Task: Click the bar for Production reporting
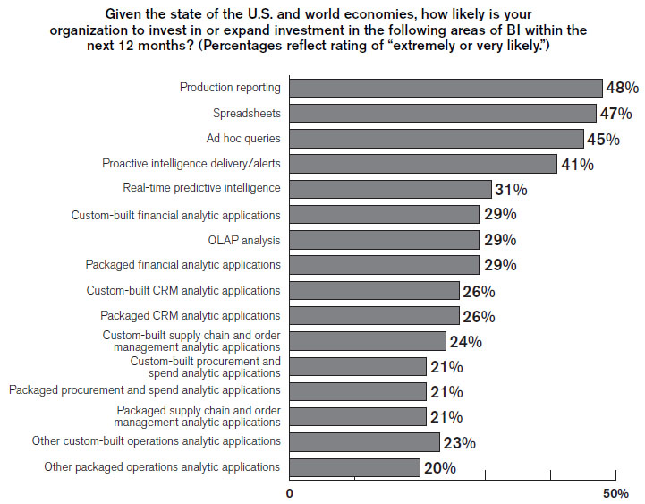[446, 88]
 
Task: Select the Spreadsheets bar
[443, 113]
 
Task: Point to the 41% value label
[576, 164]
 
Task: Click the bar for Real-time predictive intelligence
[391, 189]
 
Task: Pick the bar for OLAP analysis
[385, 240]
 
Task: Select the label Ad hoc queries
[243, 139]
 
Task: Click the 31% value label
[511, 190]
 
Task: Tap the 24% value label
[465, 341]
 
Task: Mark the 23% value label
[458, 442]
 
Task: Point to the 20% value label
[439, 468]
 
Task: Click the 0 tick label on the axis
[290, 493]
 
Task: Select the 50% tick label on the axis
[615, 493]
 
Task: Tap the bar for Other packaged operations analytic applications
[355, 467]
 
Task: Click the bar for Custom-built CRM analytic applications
[375, 290]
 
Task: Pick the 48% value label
[622, 89]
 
